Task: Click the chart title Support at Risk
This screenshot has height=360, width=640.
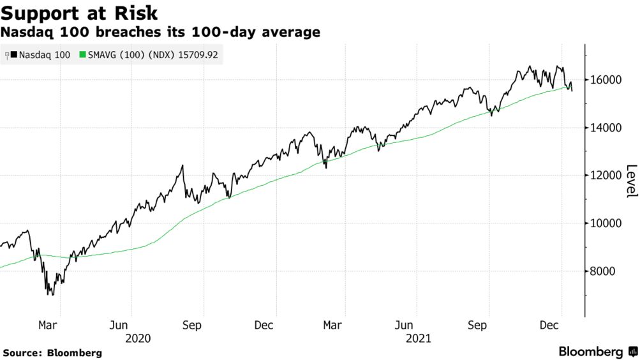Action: [x=80, y=13]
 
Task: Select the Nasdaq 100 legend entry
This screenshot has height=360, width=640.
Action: [x=40, y=56]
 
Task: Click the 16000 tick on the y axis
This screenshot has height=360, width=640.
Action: [x=606, y=80]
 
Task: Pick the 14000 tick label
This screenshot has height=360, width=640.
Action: [x=606, y=128]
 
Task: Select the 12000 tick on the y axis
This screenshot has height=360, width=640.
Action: [x=606, y=176]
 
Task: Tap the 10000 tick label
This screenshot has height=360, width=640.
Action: [x=606, y=223]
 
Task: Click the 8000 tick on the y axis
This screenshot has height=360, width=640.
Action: [x=604, y=271]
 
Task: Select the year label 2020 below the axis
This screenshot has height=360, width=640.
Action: [x=139, y=338]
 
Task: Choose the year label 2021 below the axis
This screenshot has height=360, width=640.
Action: [x=419, y=338]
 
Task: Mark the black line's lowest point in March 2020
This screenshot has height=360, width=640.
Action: [x=49, y=294]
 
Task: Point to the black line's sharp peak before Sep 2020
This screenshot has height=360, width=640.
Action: [x=183, y=165]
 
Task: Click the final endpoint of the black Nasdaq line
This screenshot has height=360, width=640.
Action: [x=572, y=91]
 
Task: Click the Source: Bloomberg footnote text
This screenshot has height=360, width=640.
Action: [x=52, y=353]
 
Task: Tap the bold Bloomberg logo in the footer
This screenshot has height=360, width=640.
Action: [x=591, y=352]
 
